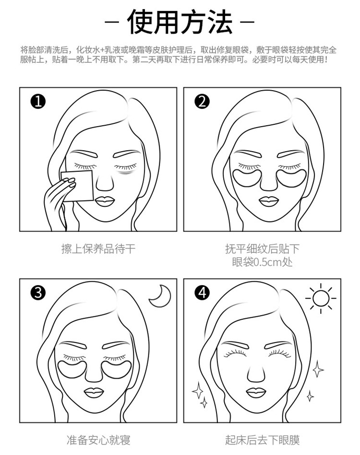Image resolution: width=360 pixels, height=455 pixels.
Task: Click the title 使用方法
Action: click(180, 22)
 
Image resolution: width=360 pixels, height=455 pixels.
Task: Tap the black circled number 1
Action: click(38, 102)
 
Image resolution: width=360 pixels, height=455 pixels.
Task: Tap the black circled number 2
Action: click(202, 102)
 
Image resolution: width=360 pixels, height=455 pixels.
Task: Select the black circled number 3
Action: click(38, 292)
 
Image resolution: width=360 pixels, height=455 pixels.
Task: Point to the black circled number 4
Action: click(202, 292)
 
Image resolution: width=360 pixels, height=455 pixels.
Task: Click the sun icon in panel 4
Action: click(321, 299)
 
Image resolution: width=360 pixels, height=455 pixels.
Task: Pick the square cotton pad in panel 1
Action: click(78, 186)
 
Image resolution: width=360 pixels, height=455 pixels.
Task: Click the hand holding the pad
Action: click(60, 200)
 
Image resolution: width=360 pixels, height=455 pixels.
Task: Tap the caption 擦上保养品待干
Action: click(98, 249)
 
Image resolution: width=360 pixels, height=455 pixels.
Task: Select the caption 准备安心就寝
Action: click(98, 440)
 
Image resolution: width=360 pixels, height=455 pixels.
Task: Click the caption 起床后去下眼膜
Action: click(262, 440)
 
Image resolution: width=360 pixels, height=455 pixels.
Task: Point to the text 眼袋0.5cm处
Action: click(262, 263)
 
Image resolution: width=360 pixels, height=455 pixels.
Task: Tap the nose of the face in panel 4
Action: click(256, 374)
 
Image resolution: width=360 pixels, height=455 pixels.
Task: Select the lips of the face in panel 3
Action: click(94, 393)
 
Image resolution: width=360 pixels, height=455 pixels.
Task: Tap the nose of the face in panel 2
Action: click(269, 183)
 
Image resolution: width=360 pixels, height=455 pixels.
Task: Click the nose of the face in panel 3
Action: click(94, 374)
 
